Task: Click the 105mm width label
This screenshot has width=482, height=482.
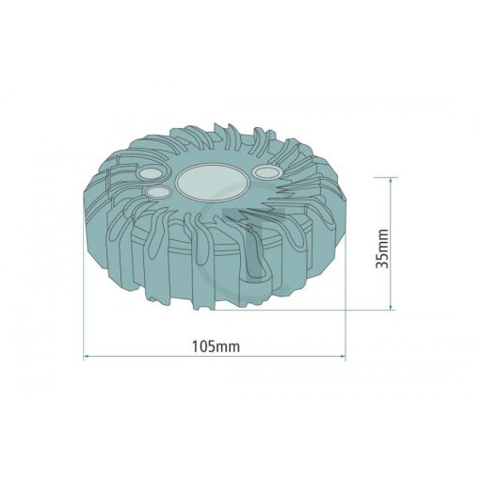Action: point(216,346)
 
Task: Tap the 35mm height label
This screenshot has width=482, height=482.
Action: point(382,249)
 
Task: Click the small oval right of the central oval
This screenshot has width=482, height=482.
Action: point(267,172)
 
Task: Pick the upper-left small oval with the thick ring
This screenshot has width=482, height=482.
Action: point(151,173)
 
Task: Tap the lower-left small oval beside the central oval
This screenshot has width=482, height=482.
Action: point(157,191)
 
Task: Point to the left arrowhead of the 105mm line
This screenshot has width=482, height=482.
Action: point(86,356)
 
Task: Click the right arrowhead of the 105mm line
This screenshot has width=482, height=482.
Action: point(343,356)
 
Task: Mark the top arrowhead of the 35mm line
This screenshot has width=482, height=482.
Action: point(391,181)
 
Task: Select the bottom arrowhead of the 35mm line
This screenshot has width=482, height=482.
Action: point(391,307)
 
